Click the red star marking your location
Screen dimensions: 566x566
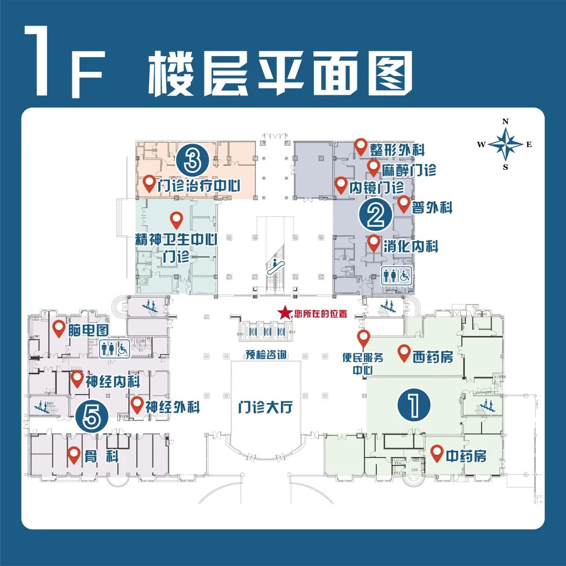(285, 313)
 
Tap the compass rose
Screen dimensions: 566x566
(506, 144)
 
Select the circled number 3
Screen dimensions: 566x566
(192, 160)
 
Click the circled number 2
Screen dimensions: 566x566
(375, 215)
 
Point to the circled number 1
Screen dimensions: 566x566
(414, 405)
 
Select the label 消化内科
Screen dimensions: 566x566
(410, 246)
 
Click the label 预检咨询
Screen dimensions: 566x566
(265, 355)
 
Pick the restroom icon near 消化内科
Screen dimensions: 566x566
(397, 275)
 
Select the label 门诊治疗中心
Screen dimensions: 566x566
(199, 185)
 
